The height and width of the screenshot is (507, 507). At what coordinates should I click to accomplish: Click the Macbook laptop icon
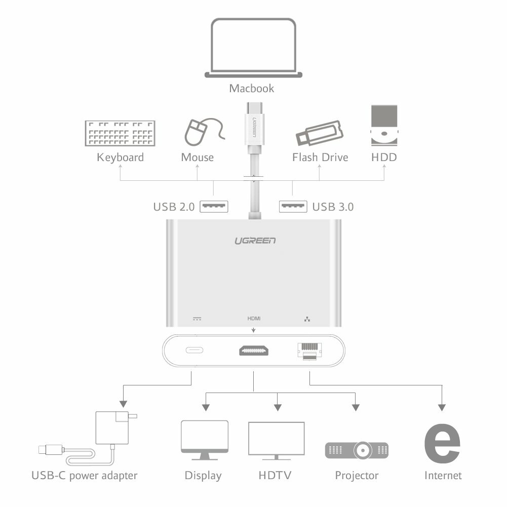tap(253, 48)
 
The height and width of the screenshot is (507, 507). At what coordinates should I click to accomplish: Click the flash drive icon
tap(320, 133)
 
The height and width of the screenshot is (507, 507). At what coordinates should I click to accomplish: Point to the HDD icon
tap(384, 126)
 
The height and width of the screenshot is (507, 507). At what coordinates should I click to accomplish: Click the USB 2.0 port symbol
tap(214, 206)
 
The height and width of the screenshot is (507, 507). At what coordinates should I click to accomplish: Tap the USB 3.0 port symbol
tap(293, 206)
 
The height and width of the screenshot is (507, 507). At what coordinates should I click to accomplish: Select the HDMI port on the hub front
tap(254, 351)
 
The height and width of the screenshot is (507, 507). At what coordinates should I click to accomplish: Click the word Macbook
tap(252, 88)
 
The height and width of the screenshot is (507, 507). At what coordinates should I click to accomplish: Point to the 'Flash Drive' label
tap(320, 158)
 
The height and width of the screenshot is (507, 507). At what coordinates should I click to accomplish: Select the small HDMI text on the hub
tap(254, 319)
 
